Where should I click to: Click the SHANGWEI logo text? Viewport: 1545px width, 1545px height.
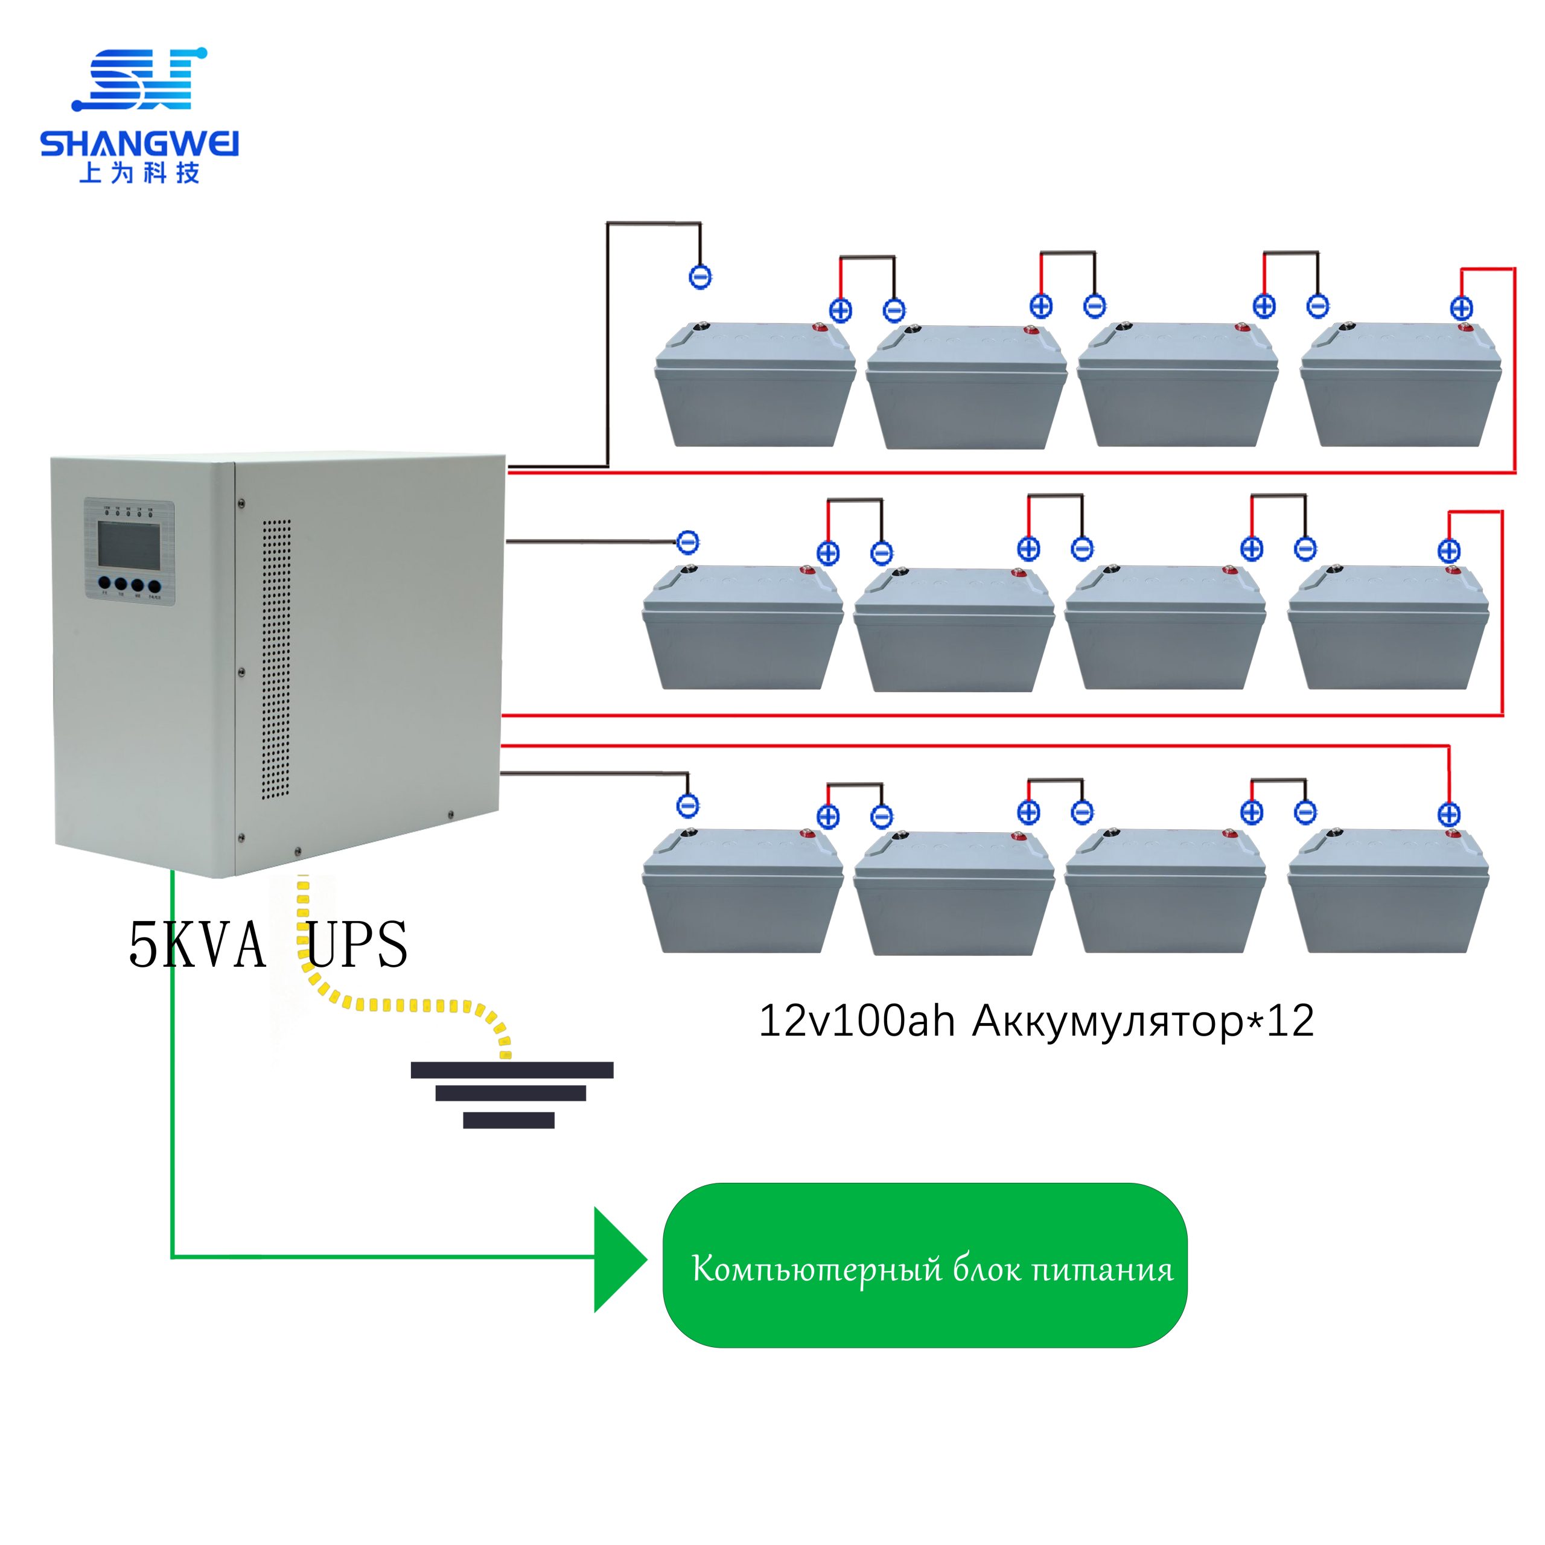(x=139, y=144)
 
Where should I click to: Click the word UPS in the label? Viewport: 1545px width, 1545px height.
(x=357, y=945)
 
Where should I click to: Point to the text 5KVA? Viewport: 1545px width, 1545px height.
(x=197, y=945)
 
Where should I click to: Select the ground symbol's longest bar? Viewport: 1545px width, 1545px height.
(x=512, y=1070)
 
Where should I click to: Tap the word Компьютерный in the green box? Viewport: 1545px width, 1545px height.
(x=812, y=1270)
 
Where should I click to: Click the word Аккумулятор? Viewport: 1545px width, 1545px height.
(x=1107, y=1022)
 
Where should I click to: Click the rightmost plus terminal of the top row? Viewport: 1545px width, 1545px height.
(x=1461, y=308)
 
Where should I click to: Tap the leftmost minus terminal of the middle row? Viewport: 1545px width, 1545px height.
(x=688, y=542)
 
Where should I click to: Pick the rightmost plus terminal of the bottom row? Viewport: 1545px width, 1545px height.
(x=1449, y=814)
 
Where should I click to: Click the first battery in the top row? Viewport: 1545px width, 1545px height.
(x=755, y=384)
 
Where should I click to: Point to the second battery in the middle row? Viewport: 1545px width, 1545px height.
(x=954, y=628)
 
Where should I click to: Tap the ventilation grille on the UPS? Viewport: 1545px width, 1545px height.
(x=276, y=659)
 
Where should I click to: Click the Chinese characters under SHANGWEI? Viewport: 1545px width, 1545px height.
(x=139, y=173)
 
